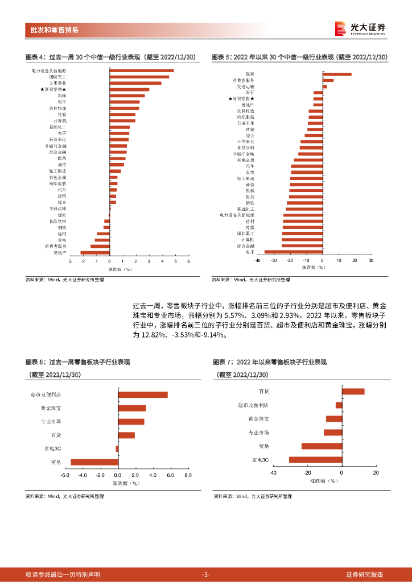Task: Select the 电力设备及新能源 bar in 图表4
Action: [x=142, y=70]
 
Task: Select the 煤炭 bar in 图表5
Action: [x=337, y=74]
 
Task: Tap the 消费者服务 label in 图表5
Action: [x=243, y=80]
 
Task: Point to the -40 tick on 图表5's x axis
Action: [x=257, y=260]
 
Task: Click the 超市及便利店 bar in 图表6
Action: [x=143, y=395]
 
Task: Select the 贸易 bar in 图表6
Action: [x=94, y=462]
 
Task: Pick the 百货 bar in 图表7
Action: [x=353, y=391]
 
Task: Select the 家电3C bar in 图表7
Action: [x=315, y=459]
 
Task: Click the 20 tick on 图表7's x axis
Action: [x=376, y=472]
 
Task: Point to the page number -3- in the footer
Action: [x=206, y=574]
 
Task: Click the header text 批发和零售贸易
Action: [x=55, y=30]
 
